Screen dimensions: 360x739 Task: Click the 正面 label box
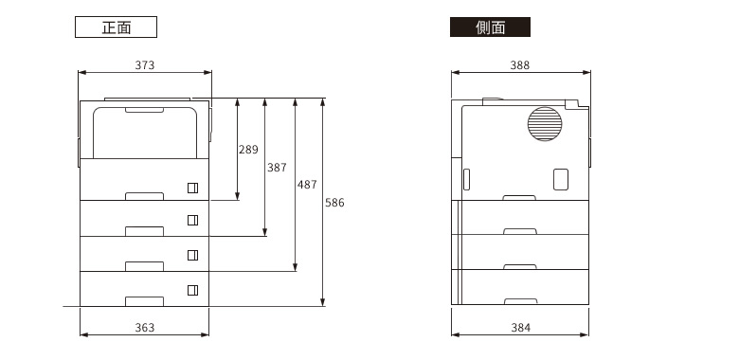[116, 27]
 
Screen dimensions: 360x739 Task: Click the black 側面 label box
[490, 27]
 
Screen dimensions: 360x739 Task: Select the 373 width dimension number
[144, 65]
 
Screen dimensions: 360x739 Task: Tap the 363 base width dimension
[144, 328]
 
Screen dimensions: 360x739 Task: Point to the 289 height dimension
[248, 150]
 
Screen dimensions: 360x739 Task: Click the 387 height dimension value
[277, 168]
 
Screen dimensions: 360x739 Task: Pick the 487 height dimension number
[307, 185]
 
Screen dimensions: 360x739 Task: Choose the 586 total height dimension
[335, 202]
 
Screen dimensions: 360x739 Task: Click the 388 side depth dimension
[519, 65]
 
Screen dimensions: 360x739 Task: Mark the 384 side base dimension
[519, 328]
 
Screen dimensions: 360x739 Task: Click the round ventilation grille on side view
[545, 124]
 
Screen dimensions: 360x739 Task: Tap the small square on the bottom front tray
[192, 290]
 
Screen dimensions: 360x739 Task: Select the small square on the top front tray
[192, 186]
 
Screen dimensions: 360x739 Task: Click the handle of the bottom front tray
[144, 301]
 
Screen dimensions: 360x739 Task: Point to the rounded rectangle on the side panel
[560, 179]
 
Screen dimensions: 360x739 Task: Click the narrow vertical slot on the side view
[466, 179]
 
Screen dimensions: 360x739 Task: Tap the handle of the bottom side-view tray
[519, 301]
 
